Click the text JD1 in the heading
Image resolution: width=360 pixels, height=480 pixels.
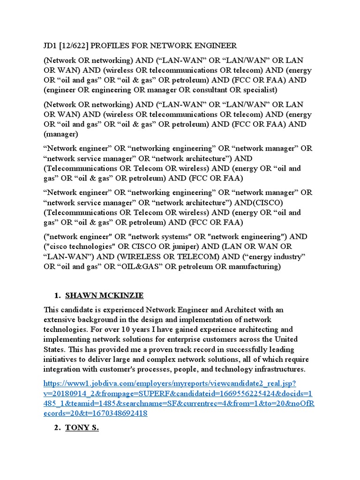click(51, 45)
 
